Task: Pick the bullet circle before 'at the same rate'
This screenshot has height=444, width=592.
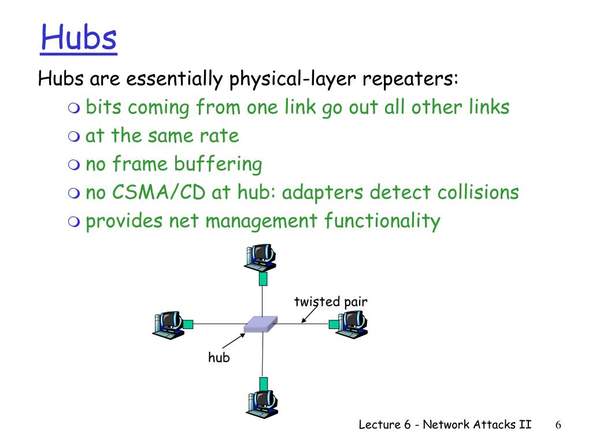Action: (73, 137)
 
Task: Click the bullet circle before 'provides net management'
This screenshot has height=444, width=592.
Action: (73, 221)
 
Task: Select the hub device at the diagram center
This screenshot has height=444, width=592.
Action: (260, 324)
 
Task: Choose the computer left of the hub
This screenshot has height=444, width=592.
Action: (168, 324)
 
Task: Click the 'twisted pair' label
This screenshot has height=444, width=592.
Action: (331, 301)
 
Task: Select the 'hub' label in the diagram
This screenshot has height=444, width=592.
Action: (219, 358)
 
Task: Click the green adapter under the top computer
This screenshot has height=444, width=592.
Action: (263, 279)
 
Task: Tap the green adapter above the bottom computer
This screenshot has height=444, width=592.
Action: (264, 383)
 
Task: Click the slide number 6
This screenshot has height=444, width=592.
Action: (558, 425)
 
